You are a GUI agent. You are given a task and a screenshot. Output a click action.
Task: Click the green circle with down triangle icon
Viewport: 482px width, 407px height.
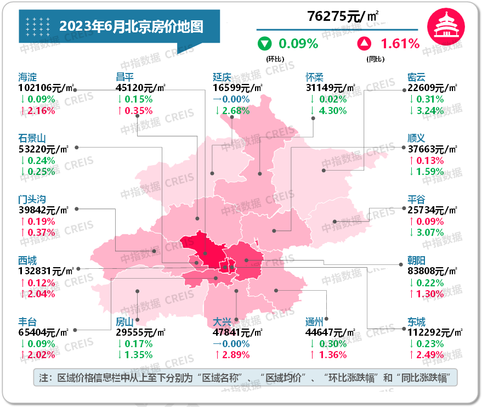[x=265, y=43]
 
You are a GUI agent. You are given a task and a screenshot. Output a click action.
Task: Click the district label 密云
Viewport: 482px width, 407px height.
[x=417, y=77]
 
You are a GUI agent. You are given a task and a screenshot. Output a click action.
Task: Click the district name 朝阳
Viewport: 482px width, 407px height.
[x=417, y=261]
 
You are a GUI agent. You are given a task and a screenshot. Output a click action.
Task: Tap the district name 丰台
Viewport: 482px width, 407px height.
[x=27, y=322]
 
